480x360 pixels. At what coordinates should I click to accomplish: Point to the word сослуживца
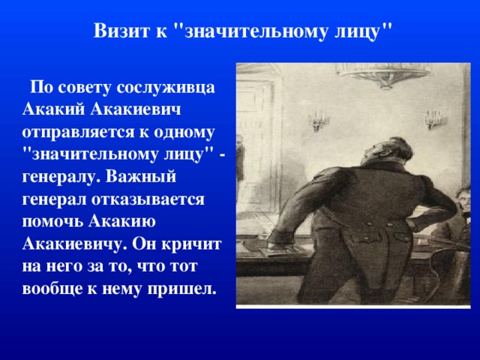tap(166, 88)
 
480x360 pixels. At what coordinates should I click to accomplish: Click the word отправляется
tap(78, 133)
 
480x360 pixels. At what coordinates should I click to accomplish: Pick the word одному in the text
tap(184, 133)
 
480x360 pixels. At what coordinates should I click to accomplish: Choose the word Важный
tap(141, 177)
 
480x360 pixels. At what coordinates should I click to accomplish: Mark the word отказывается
tap(148, 199)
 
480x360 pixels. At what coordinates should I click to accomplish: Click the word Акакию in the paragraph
tap(122, 221)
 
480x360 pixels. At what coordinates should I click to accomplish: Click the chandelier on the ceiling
tap(383, 73)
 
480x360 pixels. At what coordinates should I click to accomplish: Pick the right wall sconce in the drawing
tap(433, 118)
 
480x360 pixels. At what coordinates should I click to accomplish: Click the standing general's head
tap(388, 150)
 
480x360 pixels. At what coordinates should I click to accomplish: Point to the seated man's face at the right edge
tap(463, 201)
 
